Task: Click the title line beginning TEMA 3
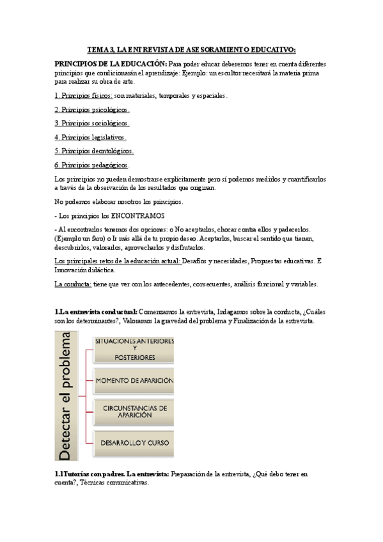pyautogui.click(x=191, y=49)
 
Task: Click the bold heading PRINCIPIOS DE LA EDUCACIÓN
pyautogui.click(x=111, y=65)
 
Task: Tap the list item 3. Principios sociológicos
pyautogui.click(x=92, y=123)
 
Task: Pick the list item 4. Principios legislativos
pyautogui.click(x=91, y=137)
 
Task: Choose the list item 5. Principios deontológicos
pyautogui.click(x=94, y=151)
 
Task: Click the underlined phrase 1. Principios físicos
pyautogui.click(x=84, y=95)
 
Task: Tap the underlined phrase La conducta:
pyautogui.click(x=73, y=284)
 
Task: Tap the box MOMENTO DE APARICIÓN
pyautogui.click(x=134, y=380)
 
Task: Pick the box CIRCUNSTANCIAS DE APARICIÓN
pyautogui.click(x=134, y=410)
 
